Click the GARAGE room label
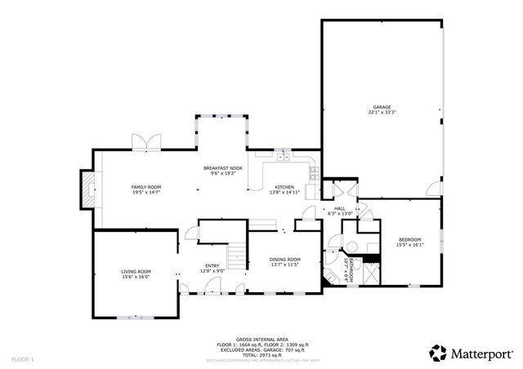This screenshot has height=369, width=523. click(x=382, y=107)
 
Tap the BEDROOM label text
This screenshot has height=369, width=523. click(x=409, y=239)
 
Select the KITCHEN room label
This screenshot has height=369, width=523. click(x=285, y=187)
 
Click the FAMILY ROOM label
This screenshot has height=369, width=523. click(x=146, y=187)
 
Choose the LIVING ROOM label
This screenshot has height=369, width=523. click(x=136, y=272)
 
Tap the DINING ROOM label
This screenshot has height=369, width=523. click(x=284, y=260)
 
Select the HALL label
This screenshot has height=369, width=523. click(x=340, y=208)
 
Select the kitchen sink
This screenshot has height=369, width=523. click(x=283, y=156)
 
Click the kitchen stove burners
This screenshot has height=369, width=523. click(x=313, y=171)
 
